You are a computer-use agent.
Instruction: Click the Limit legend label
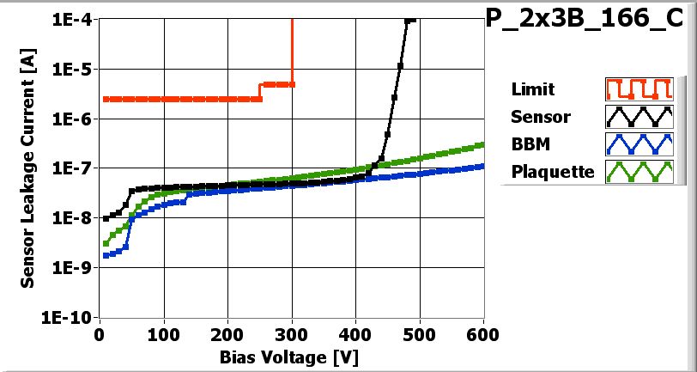click(532, 89)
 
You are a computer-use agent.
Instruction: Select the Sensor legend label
click(540, 117)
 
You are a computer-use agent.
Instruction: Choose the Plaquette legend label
click(552, 172)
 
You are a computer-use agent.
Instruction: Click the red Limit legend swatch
click(636, 89)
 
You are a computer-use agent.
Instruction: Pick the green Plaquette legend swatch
click(636, 172)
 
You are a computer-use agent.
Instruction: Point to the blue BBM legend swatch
click(636, 144)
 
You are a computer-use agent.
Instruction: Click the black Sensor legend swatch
click(636, 117)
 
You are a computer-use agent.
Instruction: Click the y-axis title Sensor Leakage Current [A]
click(27, 168)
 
